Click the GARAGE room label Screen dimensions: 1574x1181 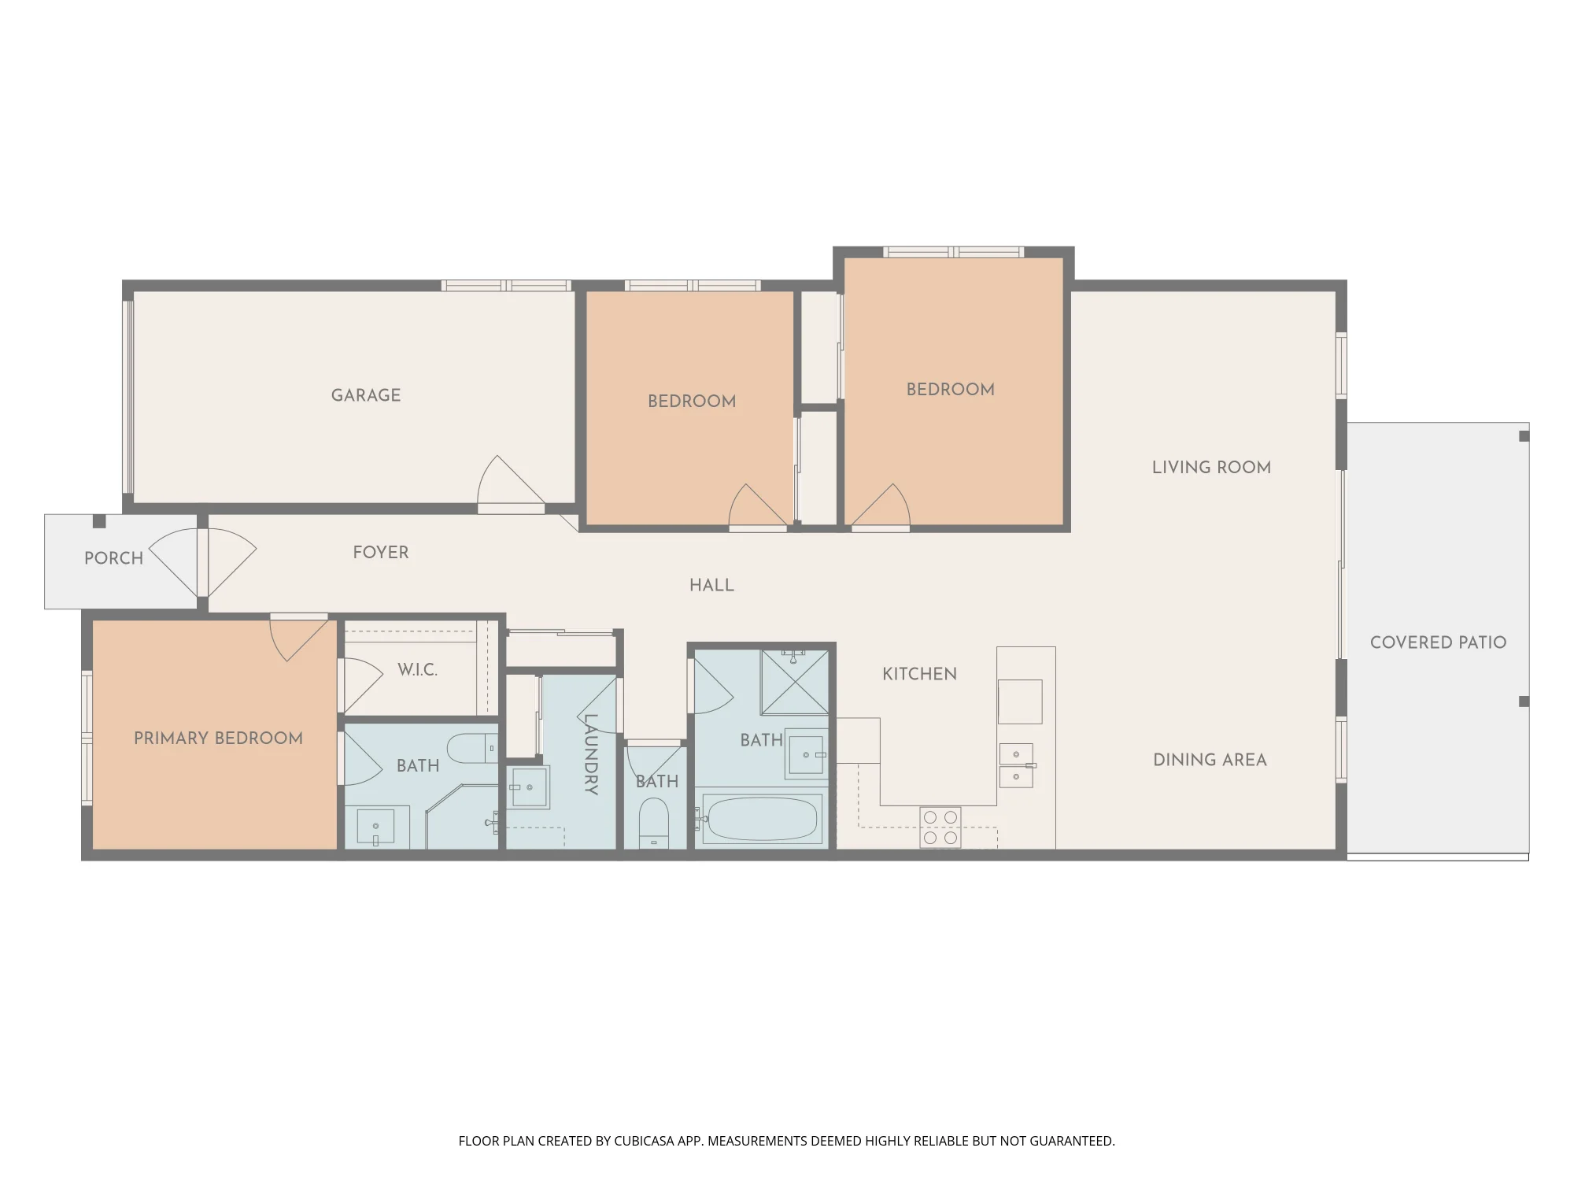(366, 395)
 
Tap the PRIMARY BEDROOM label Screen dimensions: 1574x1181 (218, 739)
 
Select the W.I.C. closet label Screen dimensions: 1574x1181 (417, 670)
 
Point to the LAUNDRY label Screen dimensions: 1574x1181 (591, 754)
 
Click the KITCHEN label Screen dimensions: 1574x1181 (919, 674)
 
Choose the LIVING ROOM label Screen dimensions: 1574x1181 (1211, 468)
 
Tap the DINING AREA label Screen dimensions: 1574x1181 (1210, 761)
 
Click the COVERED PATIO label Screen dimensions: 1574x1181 (1438, 642)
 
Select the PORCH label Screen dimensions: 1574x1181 (113, 558)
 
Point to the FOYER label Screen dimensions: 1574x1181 (381, 553)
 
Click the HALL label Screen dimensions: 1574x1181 (711, 586)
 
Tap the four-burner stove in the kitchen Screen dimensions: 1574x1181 (940, 827)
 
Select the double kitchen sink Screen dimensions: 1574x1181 (1016, 765)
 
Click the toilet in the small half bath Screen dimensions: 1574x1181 (653, 823)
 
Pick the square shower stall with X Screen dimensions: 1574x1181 (794, 682)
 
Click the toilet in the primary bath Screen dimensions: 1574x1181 (473, 748)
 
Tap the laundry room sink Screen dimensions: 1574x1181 (530, 787)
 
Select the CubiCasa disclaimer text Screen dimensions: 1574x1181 (787, 1141)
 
